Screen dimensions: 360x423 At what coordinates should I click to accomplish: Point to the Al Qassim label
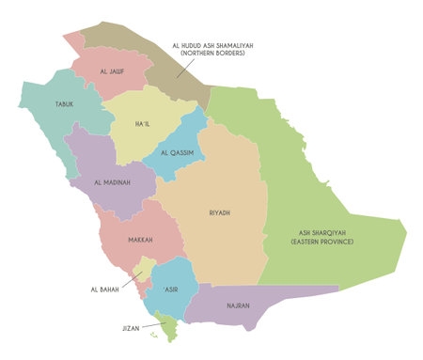179,153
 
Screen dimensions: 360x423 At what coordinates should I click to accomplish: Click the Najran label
239,305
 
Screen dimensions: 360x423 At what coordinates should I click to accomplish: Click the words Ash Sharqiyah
319,232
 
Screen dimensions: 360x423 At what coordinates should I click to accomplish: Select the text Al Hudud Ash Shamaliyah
212,44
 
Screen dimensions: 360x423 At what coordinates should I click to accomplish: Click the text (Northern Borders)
212,54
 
